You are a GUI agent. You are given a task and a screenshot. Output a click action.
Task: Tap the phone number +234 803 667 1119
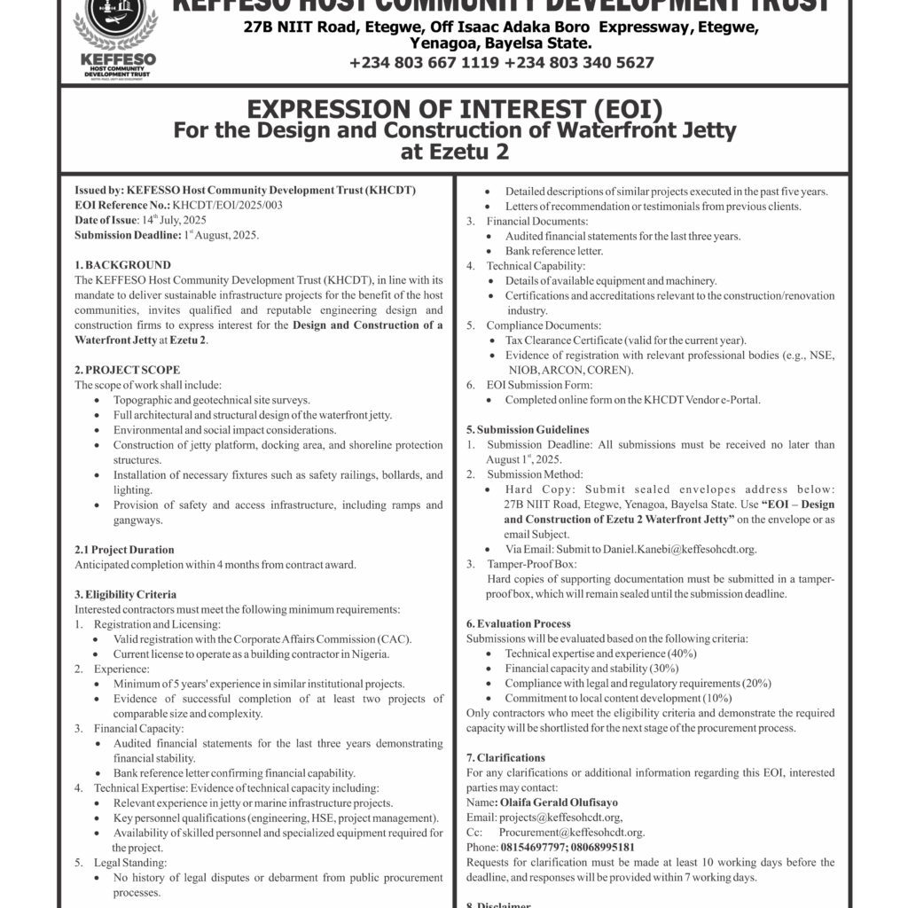425,62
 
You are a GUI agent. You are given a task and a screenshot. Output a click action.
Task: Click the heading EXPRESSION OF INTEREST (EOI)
454,110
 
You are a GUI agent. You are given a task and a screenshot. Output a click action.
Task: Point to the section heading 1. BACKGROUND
122,265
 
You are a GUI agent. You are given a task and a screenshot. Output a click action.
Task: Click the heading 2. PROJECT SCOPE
127,370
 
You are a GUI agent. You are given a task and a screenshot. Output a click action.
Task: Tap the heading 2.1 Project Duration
124,550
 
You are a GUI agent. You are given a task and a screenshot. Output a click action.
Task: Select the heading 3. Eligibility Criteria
125,594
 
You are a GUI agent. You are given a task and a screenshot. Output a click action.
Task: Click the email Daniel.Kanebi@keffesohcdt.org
679,549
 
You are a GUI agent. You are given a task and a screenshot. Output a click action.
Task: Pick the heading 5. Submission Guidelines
528,429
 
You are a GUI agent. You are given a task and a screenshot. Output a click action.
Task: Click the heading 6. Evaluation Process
519,624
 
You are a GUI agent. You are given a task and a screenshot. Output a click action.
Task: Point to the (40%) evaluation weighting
677,654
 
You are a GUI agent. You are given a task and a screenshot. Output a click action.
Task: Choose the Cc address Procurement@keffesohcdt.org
571,833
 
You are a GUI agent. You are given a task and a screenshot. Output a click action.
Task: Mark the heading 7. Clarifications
505,758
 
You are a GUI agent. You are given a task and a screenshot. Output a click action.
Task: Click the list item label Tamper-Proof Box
532,564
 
